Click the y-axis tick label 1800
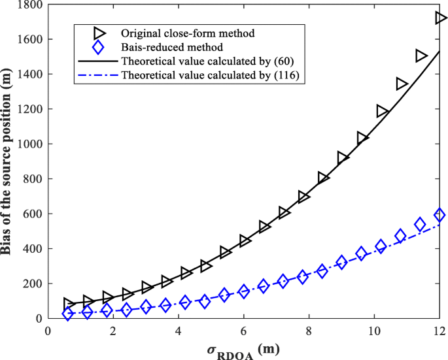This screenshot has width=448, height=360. pos(30,5)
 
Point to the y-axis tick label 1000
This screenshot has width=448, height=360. pos(30,144)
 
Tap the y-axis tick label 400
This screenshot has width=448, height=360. pos(33,249)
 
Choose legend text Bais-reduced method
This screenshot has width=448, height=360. pos(163,48)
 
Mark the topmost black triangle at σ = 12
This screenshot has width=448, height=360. pos(440,18)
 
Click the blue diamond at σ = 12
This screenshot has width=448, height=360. pos(439,215)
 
